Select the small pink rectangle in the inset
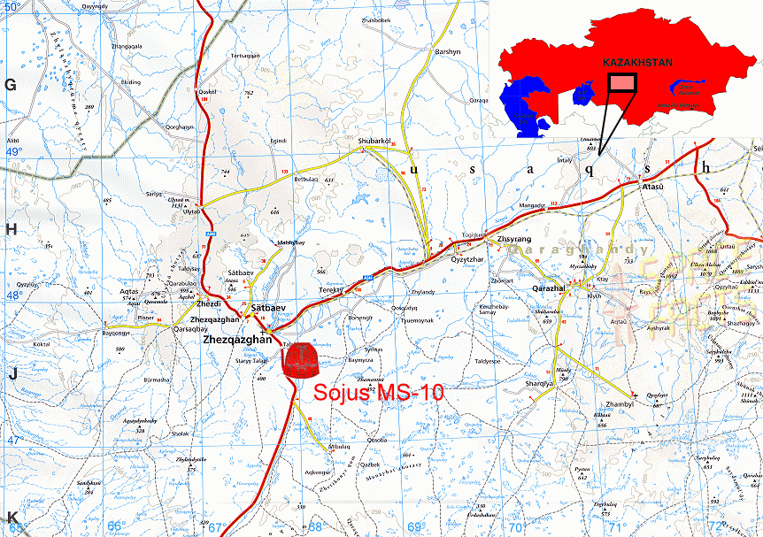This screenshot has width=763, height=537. point(622,82)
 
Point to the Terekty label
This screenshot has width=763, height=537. point(330,289)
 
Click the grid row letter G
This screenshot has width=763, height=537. point(12,85)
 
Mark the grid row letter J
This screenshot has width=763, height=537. point(12,374)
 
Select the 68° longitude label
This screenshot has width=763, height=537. point(314,527)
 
